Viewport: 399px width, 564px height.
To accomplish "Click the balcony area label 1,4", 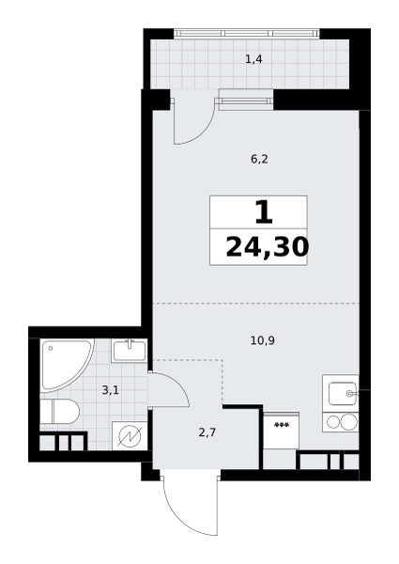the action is pos(253,59).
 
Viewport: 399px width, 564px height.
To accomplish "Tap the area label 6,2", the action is pos(259,159).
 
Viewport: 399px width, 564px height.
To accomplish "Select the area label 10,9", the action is pos(263,340).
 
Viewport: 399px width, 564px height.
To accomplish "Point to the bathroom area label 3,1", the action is pos(110,390).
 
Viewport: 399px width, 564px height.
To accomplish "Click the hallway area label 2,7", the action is pos(207,432).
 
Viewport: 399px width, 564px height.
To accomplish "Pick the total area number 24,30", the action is pos(268,247).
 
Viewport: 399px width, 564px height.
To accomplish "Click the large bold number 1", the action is pos(264,212).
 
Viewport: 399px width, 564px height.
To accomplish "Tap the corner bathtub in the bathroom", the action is pos(67,365).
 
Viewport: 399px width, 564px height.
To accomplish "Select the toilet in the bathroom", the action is pos(59,411).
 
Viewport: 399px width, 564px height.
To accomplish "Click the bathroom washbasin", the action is pos(129,351).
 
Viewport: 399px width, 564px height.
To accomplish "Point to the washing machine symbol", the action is pos(130,435).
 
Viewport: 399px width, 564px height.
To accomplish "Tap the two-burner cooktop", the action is pos(341,422).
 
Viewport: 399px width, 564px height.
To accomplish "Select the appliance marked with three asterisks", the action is pos(282,431).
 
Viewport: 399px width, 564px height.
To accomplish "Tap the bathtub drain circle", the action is pos(51,348).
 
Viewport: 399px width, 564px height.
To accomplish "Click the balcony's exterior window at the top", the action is pos(247,34).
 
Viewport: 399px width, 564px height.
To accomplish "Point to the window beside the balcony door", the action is pos(246,99).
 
